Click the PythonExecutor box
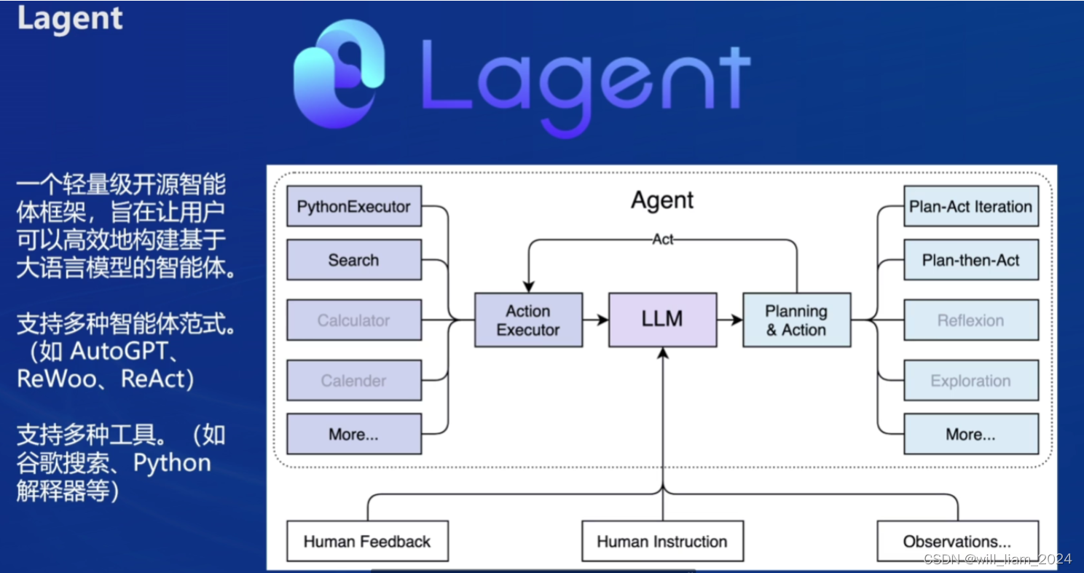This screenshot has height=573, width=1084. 353,207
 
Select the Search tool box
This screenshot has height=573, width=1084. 353,260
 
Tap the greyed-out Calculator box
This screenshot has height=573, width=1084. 353,320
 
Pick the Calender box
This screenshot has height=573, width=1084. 353,380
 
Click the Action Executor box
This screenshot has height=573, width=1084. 528,320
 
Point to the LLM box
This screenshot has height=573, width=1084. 662,320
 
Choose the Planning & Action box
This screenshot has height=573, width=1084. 796,320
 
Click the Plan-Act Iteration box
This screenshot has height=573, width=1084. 970,207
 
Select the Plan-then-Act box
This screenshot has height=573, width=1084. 970,260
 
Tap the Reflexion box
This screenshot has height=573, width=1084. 970,320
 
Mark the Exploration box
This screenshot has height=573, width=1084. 970,380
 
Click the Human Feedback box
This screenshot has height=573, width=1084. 366,541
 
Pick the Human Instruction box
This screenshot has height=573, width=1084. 662,541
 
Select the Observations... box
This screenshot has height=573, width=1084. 957,541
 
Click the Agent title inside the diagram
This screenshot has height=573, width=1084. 662,200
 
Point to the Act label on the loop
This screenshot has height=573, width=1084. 663,240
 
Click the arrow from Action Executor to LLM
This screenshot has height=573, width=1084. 595,320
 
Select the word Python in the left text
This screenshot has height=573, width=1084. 172,463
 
